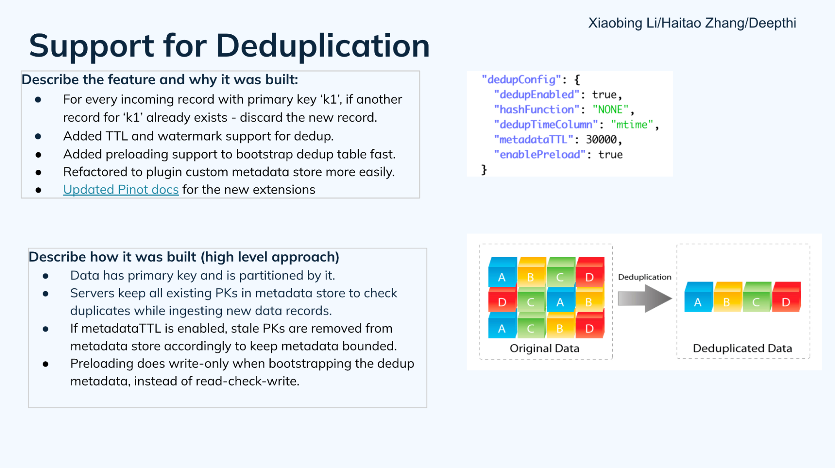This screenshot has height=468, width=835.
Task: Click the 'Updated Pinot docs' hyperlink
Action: pos(121,189)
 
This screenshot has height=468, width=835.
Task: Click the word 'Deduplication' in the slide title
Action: pos(322,46)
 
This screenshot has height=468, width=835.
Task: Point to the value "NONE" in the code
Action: pos(610,110)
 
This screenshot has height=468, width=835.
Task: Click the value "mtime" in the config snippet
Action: pos(632,125)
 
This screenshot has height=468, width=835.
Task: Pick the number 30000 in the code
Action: pos(601,140)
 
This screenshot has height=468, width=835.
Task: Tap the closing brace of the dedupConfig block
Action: pos(484,170)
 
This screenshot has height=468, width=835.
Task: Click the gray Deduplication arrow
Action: pos(644,299)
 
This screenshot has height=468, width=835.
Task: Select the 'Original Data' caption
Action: pos(544,348)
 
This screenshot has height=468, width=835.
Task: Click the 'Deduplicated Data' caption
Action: pos(742,348)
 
